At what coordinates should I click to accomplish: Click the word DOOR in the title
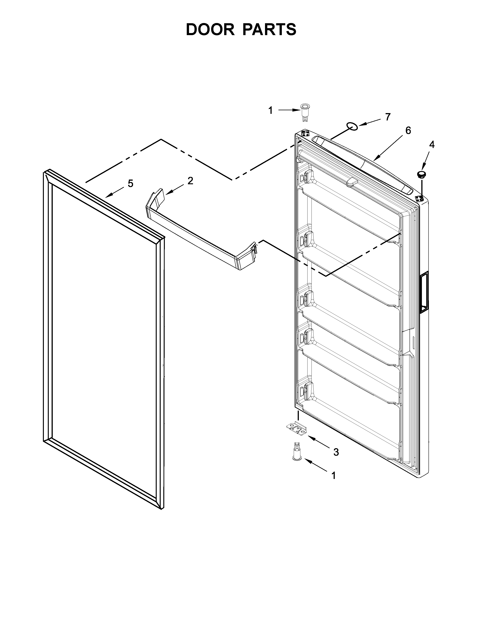(210, 30)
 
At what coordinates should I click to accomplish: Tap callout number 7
(387, 117)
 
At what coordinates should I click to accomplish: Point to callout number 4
(432, 145)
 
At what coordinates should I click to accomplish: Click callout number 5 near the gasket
(130, 184)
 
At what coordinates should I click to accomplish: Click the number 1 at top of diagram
(270, 110)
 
